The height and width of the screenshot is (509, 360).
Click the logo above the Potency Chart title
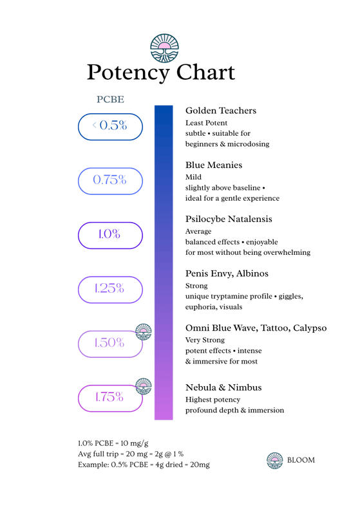tap(164, 48)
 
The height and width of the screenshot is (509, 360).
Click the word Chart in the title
tap(205, 72)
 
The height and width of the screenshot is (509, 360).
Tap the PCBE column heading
tap(111, 99)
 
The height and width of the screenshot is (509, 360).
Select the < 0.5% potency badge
tap(111, 127)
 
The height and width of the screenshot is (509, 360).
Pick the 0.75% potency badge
tap(111, 181)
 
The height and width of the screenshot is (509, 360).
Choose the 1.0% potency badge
tap(111, 236)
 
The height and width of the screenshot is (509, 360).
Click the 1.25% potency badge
tap(111, 290)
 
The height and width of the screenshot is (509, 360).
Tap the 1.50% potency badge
tap(111, 344)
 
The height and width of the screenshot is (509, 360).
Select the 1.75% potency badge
tap(111, 398)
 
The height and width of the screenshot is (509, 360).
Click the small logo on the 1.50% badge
tap(143, 332)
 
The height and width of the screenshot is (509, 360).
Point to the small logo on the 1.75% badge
tap(143, 386)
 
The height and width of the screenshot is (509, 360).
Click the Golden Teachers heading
tap(221, 111)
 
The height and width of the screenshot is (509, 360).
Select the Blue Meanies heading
tap(214, 165)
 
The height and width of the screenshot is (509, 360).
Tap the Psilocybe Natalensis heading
tap(229, 219)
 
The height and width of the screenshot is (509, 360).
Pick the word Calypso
tap(310, 328)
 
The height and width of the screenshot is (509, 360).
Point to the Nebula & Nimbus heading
tap(223, 387)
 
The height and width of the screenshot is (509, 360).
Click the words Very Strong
tap(205, 340)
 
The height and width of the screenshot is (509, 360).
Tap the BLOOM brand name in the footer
tap(301, 460)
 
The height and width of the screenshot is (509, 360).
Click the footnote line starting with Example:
tap(144, 465)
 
